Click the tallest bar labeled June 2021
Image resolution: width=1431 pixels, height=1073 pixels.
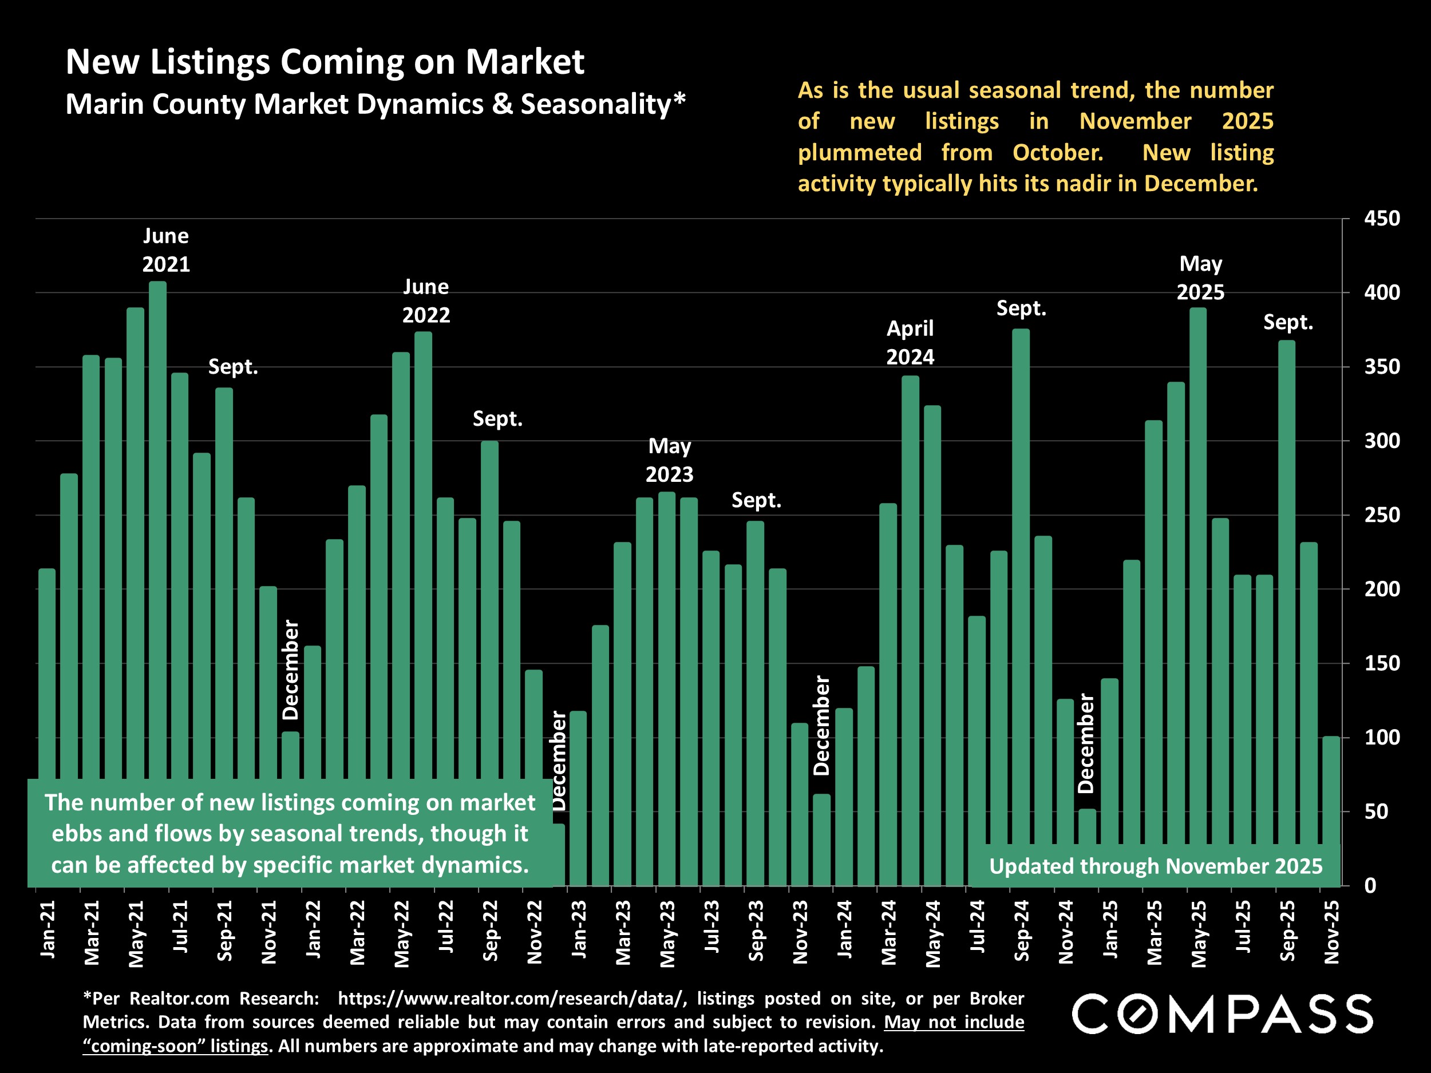pyautogui.click(x=157, y=517)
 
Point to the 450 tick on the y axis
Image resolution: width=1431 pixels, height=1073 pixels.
pyautogui.click(x=1382, y=219)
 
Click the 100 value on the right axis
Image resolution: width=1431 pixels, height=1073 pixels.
pyautogui.click(x=1382, y=737)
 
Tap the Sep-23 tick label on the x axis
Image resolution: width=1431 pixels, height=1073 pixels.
pyautogui.click(x=756, y=931)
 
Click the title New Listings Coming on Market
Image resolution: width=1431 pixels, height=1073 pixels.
pyautogui.click(x=325, y=62)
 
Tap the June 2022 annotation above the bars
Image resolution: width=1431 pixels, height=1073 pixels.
pyautogui.click(x=426, y=301)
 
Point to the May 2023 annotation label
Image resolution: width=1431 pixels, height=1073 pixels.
pyautogui.click(x=670, y=460)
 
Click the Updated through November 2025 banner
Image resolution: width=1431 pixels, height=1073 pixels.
pyautogui.click(x=1156, y=866)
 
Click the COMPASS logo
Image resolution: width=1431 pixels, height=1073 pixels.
pyautogui.click(x=1222, y=1013)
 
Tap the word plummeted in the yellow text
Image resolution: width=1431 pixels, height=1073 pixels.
pyautogui.click(x=860, y=153)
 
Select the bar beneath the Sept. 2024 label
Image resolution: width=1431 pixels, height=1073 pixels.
pyautogui.click(x=1020, y=582)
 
